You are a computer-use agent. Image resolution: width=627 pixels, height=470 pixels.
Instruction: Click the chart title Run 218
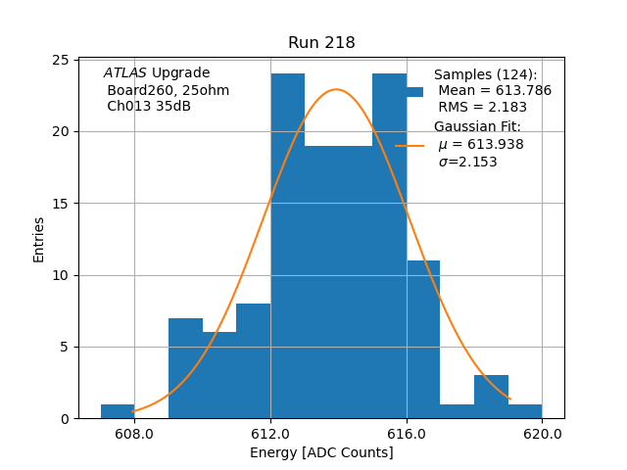pyautogui.click(x=321, y=43)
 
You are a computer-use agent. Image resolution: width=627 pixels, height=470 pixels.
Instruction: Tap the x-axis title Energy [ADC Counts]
pyautogui.click(x=321, y=452)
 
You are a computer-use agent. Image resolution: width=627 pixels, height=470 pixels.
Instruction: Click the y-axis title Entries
pyautogui.click(x=39, y=239)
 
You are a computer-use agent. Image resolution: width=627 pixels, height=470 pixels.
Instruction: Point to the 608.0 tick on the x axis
pyautogui.click(x=134, y=434)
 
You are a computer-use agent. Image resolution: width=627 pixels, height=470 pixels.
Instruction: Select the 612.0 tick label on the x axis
pyautogui.click(x=270, y=434)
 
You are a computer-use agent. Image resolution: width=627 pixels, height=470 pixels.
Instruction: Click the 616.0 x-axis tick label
pyautogui.click(x=407, y=434)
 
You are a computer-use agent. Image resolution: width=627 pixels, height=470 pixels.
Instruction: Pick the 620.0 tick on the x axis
pyautogui.click(x=542, y=434)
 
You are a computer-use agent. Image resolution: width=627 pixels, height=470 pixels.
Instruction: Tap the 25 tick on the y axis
pyautogui.click(x=60, y=61)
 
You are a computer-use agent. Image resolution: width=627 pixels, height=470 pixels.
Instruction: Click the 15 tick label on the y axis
pyautogui.click(x=60, y=204)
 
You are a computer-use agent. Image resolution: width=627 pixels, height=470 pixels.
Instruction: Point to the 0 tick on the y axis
pyautogui.click(x=64, y=418)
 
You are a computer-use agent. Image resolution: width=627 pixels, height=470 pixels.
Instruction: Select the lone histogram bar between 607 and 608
pyautogui.click(x=118, y=411)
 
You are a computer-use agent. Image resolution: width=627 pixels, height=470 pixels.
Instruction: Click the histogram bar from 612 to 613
pyautogui.click(x=287, y=245)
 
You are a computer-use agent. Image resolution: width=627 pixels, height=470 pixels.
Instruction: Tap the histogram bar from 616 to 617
pyautogui.click(x=423, y=339)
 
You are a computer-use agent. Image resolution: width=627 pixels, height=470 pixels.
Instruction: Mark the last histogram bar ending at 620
pyautogui.click(x=525, y=411)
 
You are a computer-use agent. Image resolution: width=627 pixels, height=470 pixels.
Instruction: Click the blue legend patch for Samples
pyautogui.click(x=414, y=91)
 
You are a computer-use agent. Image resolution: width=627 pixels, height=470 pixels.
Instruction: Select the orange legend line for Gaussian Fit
pyautogui.click(x=410, y=145)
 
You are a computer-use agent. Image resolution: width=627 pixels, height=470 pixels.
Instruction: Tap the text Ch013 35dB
pyautogui.click(x=149, y=107)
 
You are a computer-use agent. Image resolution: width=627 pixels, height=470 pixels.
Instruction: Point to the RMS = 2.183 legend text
pyautogui.click(x=482, y=108)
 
